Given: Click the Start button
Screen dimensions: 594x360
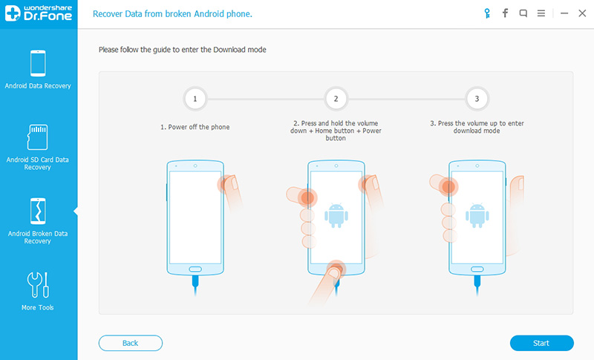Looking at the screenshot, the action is (x=541, y=343).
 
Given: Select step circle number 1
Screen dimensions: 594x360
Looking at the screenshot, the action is (x=195, y=99).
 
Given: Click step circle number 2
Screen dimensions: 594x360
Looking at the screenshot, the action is (x=336, y=99).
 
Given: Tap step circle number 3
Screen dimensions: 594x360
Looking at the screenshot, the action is (x=477, y=99).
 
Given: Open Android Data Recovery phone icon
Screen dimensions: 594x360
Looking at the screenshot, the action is (x=38, y=63).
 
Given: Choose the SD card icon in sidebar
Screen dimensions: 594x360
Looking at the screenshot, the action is (x=38, y=137).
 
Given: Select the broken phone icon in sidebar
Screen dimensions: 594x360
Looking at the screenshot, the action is (x=38, y=211).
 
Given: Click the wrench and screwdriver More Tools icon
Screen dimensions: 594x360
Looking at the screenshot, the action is (x=38, y=285).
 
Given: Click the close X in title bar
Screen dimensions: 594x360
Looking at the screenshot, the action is (x=582, y=13).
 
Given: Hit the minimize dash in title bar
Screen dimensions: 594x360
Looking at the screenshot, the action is (x=564, y=13).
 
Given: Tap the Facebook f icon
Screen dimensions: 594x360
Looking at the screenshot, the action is (x=505, y=13).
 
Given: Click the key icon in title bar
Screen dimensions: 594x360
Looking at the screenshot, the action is (x=487, y=13).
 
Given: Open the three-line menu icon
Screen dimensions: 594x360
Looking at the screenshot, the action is (x=541, y=13).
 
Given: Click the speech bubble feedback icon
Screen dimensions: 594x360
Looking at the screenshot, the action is (x=523, y=13).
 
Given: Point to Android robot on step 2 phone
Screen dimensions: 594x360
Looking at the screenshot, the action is (x=336, y=215).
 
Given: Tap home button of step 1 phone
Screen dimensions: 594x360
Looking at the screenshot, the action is (x=195, y=269).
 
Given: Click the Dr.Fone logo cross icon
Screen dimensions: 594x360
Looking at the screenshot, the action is (x=13, y=13).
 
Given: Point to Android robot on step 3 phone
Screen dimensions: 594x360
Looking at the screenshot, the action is (x=477, y=215).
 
